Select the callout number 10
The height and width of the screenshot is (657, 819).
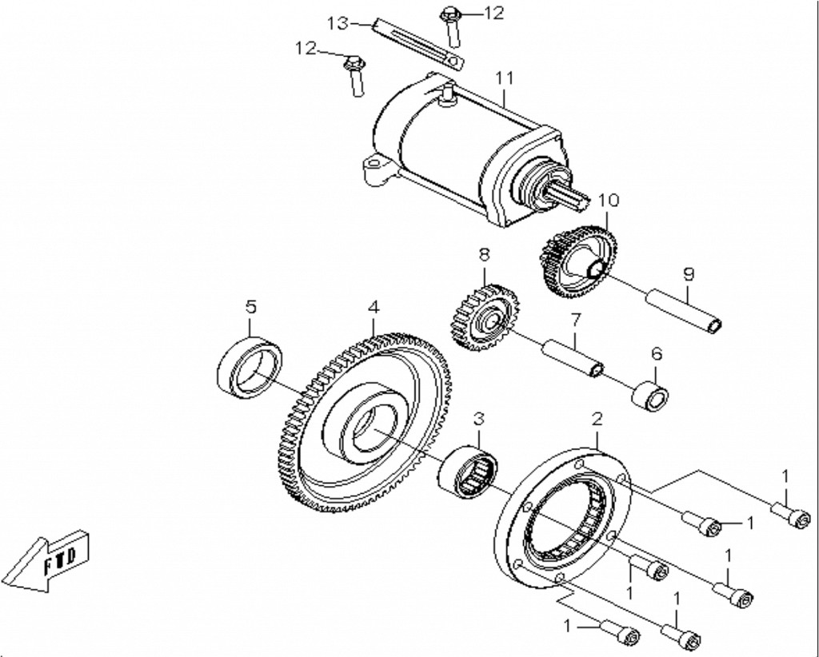608,199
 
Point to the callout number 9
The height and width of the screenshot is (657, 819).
689,273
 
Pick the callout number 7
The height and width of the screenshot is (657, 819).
573,320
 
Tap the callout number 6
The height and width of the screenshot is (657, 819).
656,352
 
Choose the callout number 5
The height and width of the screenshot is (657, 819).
250,306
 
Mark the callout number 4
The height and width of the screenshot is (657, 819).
373,306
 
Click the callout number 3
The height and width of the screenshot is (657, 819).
478,418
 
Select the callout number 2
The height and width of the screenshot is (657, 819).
597,418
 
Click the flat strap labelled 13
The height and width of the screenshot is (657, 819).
416,42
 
